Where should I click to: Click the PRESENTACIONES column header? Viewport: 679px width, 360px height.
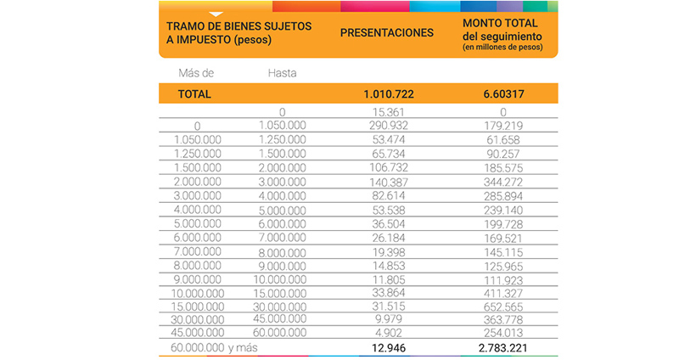[x=386, y=33]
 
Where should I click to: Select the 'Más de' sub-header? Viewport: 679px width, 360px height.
[x=196, y=73]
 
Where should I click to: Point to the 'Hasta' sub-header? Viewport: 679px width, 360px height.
[x=282, y=73]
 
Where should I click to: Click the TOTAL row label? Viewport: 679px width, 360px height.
[x=194, y=94]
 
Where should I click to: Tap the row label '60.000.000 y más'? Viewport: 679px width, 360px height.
[x=215, y=348]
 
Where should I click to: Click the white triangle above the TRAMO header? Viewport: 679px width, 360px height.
[x=216, y=13]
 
